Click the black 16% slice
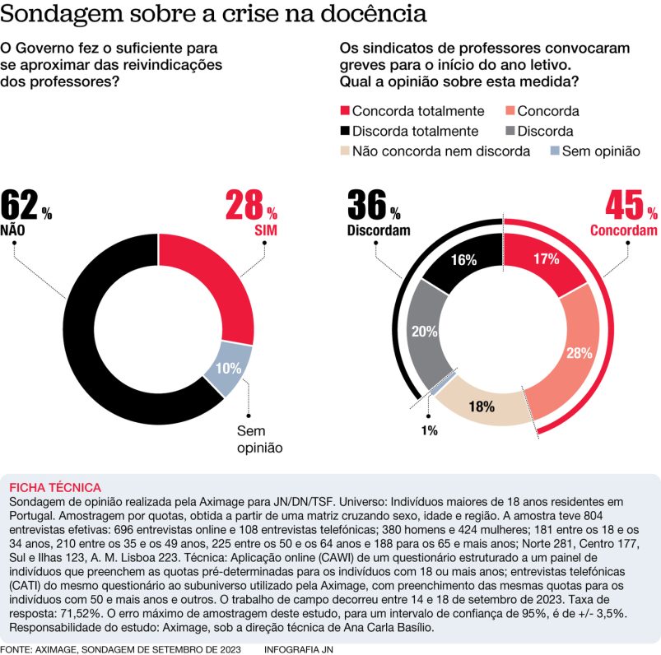click(463, 261)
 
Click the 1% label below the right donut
click(429, 430)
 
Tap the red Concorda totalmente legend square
click(345, 111)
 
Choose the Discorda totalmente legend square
click(345, 131)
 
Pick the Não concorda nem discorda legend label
click(440, 151)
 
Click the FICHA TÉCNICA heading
click(54, 487)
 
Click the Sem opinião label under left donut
click(259, 439)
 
